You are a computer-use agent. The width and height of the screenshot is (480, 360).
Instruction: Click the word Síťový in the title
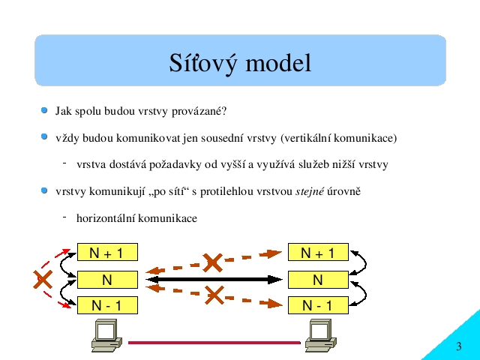203,64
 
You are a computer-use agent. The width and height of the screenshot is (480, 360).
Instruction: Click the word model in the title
278,62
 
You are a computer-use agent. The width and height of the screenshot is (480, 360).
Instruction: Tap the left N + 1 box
107,252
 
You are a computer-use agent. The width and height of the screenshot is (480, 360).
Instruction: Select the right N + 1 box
318,252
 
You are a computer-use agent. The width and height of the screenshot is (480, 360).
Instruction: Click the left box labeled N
107,280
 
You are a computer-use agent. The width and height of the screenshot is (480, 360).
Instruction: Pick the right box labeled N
318,280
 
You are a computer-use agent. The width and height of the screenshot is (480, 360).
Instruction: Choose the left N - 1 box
107,305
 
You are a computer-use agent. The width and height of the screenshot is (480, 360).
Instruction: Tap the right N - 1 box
318,305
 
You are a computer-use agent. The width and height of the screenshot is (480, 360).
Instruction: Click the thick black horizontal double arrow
214,280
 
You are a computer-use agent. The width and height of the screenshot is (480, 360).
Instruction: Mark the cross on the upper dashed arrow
212,263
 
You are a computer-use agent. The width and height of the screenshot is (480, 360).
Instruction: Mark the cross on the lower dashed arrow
214,295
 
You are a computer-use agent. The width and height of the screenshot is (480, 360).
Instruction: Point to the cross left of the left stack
43,279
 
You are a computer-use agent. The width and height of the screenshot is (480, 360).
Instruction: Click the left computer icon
106,335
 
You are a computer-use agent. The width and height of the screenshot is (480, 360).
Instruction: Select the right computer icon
321,335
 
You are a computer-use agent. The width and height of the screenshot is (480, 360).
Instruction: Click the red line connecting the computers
214,343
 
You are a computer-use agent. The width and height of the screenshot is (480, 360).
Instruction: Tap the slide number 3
458,346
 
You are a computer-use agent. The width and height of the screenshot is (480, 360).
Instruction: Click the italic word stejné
310,192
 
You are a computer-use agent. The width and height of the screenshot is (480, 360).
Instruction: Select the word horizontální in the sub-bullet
106,218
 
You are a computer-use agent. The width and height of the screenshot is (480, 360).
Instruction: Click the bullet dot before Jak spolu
44,110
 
